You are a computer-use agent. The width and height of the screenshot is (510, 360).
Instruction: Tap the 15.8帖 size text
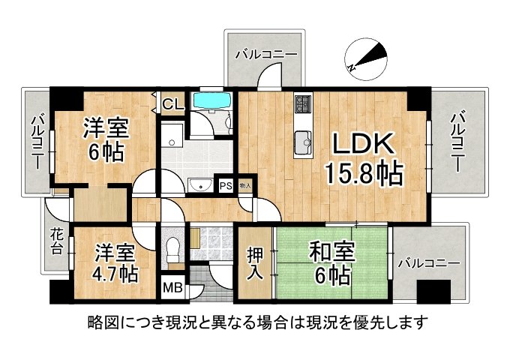[364, 175]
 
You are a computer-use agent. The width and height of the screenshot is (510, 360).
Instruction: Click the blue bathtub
[213, 101]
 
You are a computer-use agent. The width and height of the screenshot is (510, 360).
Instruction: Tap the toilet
[173, 246]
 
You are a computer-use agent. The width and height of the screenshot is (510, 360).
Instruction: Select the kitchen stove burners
[303, 104]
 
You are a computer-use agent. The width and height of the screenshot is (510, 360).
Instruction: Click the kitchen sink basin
[303, 139]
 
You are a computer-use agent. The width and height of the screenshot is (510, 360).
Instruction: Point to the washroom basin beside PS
[199, 185]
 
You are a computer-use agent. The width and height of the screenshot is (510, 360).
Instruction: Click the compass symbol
[365, 57]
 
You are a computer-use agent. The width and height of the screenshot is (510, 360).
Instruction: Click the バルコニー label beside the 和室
[429, 263]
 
